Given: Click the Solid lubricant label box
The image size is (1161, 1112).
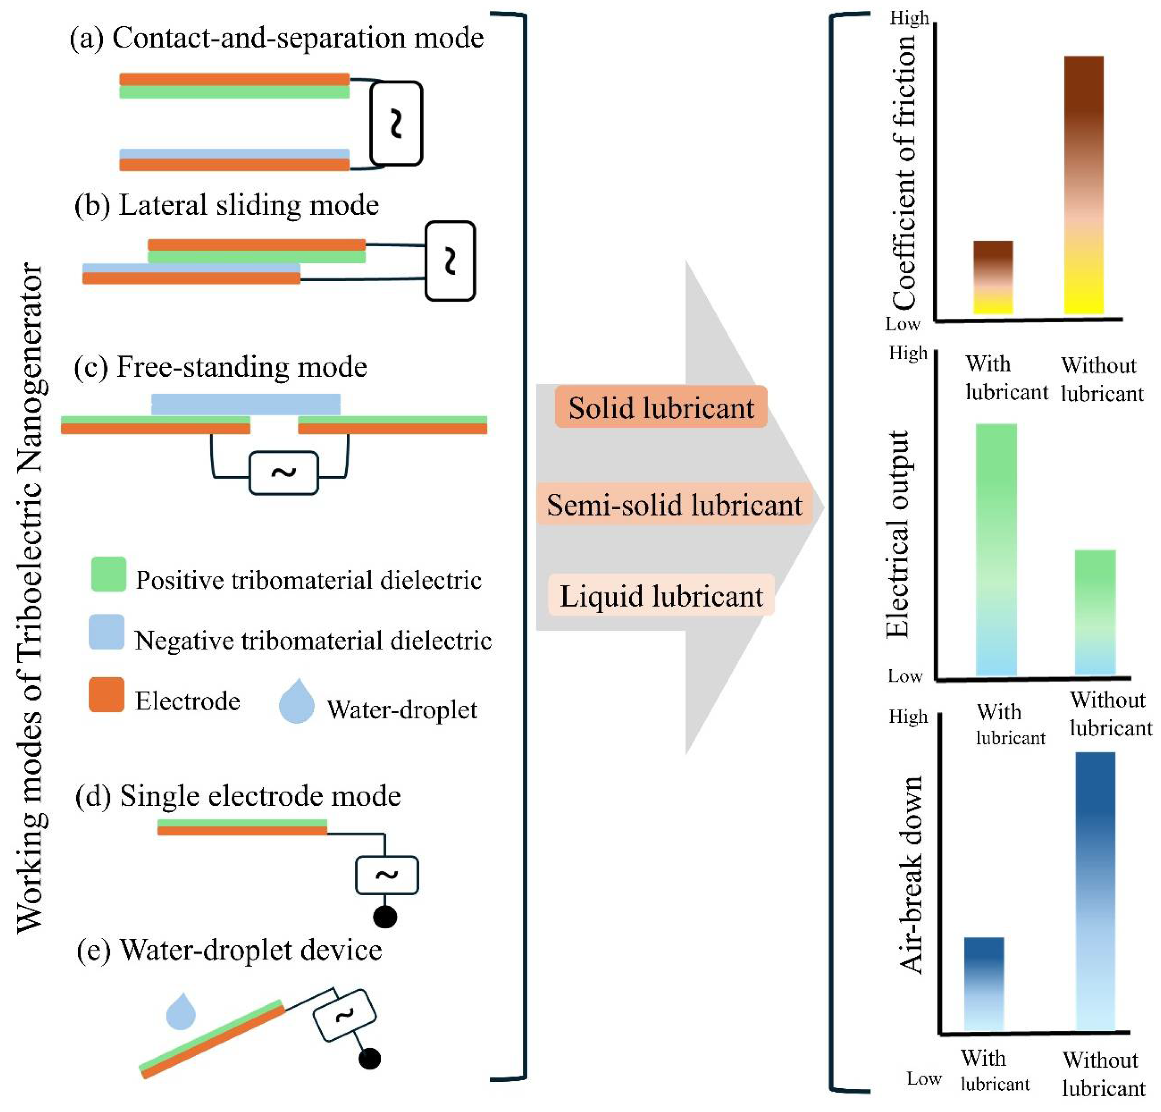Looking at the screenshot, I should coord(661,407).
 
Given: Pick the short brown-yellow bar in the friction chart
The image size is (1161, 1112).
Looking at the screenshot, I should coord(993,277).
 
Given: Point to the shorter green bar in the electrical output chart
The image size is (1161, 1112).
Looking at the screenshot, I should coord(1095,612).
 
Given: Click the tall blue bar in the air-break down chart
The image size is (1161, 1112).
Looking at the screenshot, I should coord(1095,891).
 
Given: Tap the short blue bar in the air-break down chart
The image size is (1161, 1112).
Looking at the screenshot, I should coord(984,983).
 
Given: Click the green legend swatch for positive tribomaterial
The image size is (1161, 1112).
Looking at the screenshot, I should coord(108,573).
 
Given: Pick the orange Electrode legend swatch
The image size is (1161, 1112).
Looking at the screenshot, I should coord(107,694).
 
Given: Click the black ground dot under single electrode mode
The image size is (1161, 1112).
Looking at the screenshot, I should coord(385,917).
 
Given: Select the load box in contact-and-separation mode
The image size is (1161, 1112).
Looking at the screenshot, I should coord(396,123).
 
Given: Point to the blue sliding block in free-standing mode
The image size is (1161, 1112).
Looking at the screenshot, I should coord(246,404).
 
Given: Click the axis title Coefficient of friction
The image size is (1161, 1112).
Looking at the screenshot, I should coord(904,172).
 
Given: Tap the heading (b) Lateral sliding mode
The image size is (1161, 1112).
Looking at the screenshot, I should coord(227,205).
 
